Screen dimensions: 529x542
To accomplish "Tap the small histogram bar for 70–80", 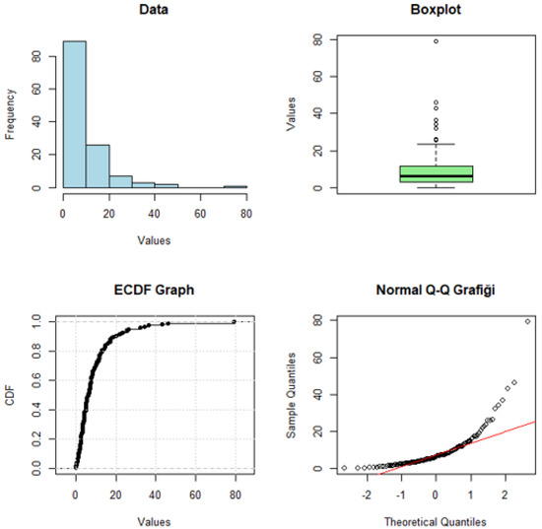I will (235, 185).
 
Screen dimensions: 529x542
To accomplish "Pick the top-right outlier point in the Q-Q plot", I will (528, 321).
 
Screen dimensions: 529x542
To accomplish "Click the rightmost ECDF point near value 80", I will (234, 321).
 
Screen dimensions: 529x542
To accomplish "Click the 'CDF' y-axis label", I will (9, 396).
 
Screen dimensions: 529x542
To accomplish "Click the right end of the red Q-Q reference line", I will (535, 421).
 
